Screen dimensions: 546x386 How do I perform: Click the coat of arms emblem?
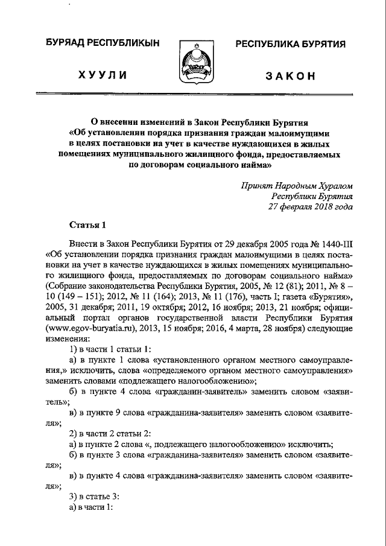[x=194, y=62]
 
